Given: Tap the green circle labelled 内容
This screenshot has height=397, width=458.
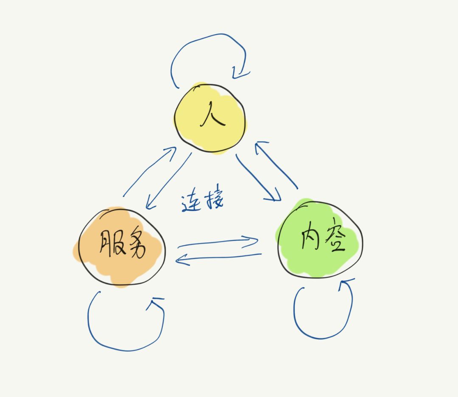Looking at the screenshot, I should click(320, 240).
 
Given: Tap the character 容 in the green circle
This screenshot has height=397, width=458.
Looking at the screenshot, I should click(333, 240).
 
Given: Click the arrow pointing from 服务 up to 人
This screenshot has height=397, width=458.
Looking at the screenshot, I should click(148, 172).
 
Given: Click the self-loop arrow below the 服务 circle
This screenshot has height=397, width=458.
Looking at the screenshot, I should click(123, 346).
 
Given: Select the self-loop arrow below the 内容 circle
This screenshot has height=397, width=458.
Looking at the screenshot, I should click(322, 335).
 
